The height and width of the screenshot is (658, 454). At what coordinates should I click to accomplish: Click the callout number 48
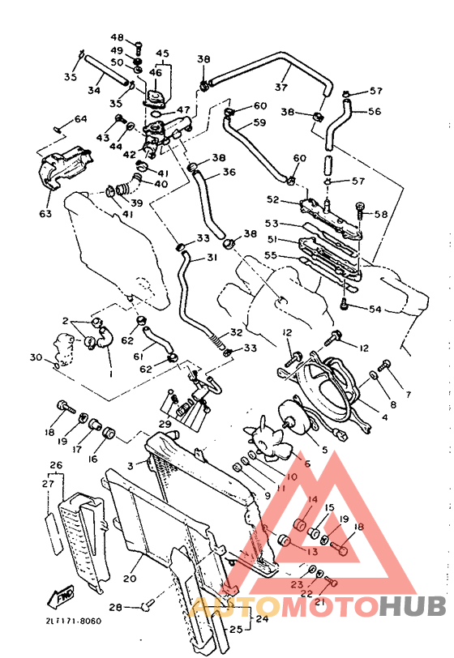click(x=118, y=38)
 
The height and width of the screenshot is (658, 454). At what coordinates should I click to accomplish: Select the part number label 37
click(x=281, y=87)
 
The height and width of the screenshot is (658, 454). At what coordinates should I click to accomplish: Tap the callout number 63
click(x=45, y=214)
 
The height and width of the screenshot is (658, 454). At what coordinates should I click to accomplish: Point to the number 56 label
click(x=375, y=112)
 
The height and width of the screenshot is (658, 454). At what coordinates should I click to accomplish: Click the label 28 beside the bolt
click(x=116, y=606)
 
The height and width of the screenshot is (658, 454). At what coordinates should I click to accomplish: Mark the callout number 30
click(x=35, y=357)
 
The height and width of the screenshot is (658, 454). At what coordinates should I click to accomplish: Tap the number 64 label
click(x=80, y=119)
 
